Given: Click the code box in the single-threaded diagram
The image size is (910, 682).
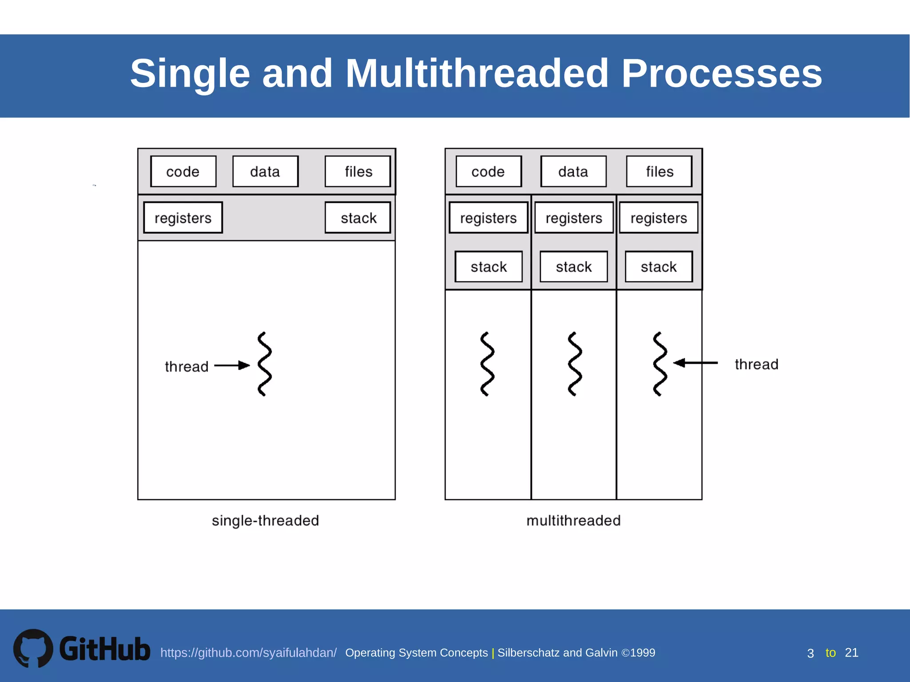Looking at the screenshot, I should [183, 171].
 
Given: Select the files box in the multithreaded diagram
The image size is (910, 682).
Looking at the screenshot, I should [659, 171].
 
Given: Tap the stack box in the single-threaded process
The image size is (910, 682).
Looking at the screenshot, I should [358, 218].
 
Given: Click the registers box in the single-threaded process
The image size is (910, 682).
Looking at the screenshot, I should [183, 218].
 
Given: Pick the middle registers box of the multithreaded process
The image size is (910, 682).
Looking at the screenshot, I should [574, 218].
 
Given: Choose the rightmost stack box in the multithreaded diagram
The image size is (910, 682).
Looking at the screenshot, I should [659, 266].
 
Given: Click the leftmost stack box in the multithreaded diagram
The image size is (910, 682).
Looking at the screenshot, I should [488, 266].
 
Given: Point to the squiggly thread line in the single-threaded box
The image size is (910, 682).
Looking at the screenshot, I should [264, 364].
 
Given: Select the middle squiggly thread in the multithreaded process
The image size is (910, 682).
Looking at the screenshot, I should [575, 364].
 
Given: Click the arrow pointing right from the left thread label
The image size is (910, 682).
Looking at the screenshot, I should [232, 365].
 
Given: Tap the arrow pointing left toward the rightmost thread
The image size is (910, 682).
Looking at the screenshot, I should [695, 363].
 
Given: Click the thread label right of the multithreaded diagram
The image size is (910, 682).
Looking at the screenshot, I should [756, 364].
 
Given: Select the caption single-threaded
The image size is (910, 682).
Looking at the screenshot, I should [265, 520].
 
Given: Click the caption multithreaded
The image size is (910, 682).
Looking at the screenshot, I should [573, 520].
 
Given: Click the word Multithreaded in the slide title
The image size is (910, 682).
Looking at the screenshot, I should [477, 73].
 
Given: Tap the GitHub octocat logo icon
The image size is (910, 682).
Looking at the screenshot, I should [33, 648].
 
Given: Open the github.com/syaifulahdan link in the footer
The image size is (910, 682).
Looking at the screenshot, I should [248, 653].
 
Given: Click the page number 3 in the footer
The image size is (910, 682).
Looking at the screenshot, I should [810, 653].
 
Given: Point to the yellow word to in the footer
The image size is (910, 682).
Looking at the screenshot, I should [830, 653].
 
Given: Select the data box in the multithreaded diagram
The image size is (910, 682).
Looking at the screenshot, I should [573, 171].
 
